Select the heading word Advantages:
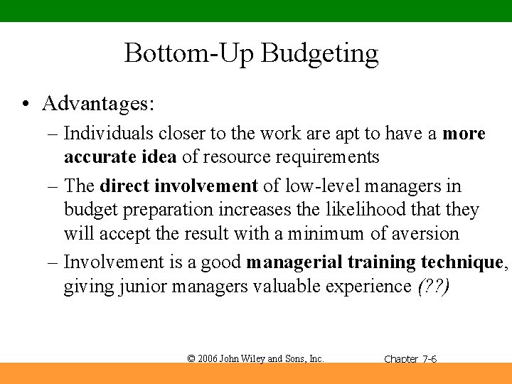pyautogui.click(x=98, y=104)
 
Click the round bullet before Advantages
pyautogui.click(x=25, y=105)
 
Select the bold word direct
pyautogui.click(x=124, y=186)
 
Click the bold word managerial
pyautogui.click(x=294, y=263)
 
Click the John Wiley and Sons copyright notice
pyautogui.click(x=255, y=358)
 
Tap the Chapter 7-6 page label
pyautogui.click(x=410, y=359)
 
